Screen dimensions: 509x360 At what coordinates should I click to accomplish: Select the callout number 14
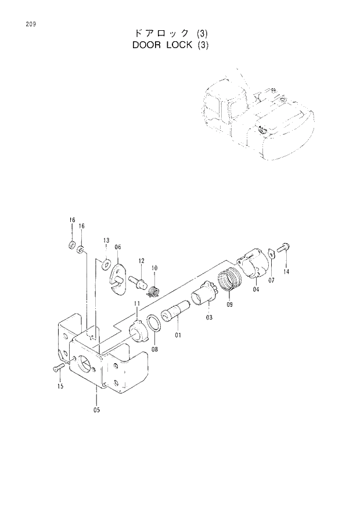coord(286,271)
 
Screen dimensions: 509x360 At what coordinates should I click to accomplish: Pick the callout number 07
coord(271,281)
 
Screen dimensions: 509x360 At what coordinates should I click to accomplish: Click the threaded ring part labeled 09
coord(229,281)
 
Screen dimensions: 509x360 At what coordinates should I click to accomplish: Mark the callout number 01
coord(178,335)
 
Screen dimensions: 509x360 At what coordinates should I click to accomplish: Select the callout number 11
coord(137,303)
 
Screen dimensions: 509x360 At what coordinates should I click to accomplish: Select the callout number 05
coord(96,410)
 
